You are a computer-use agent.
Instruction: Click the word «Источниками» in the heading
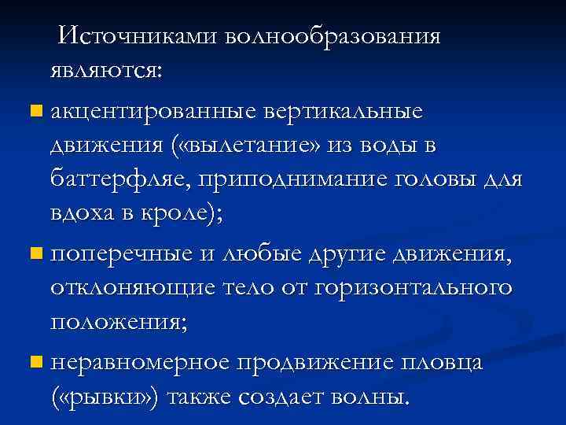138,36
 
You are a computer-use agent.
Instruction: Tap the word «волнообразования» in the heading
332,36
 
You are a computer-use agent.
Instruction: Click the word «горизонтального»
414,289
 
